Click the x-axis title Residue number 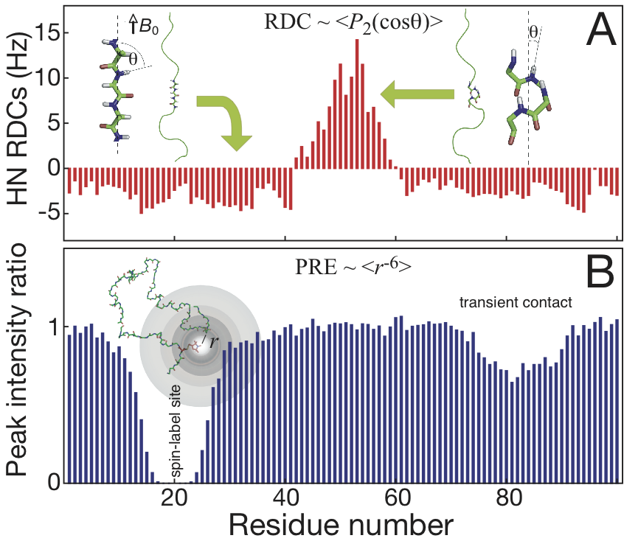(341, 524)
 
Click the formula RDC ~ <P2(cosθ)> (353, 21)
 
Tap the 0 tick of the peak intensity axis (52, 483)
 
